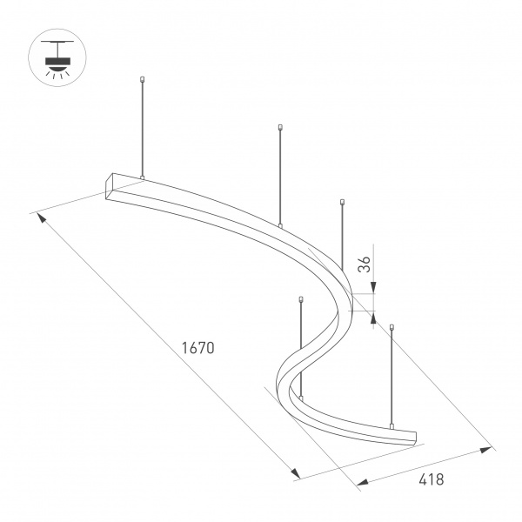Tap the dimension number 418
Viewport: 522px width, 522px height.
pos(431,478)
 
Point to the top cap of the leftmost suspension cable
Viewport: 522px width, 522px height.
pos(141,81)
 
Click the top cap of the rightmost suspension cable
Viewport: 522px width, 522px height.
pos(392,327)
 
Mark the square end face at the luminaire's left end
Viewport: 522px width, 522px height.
pos(110,189)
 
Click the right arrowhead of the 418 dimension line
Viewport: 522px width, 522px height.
pos(487,451)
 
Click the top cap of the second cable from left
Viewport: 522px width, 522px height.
pos(280,128)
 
